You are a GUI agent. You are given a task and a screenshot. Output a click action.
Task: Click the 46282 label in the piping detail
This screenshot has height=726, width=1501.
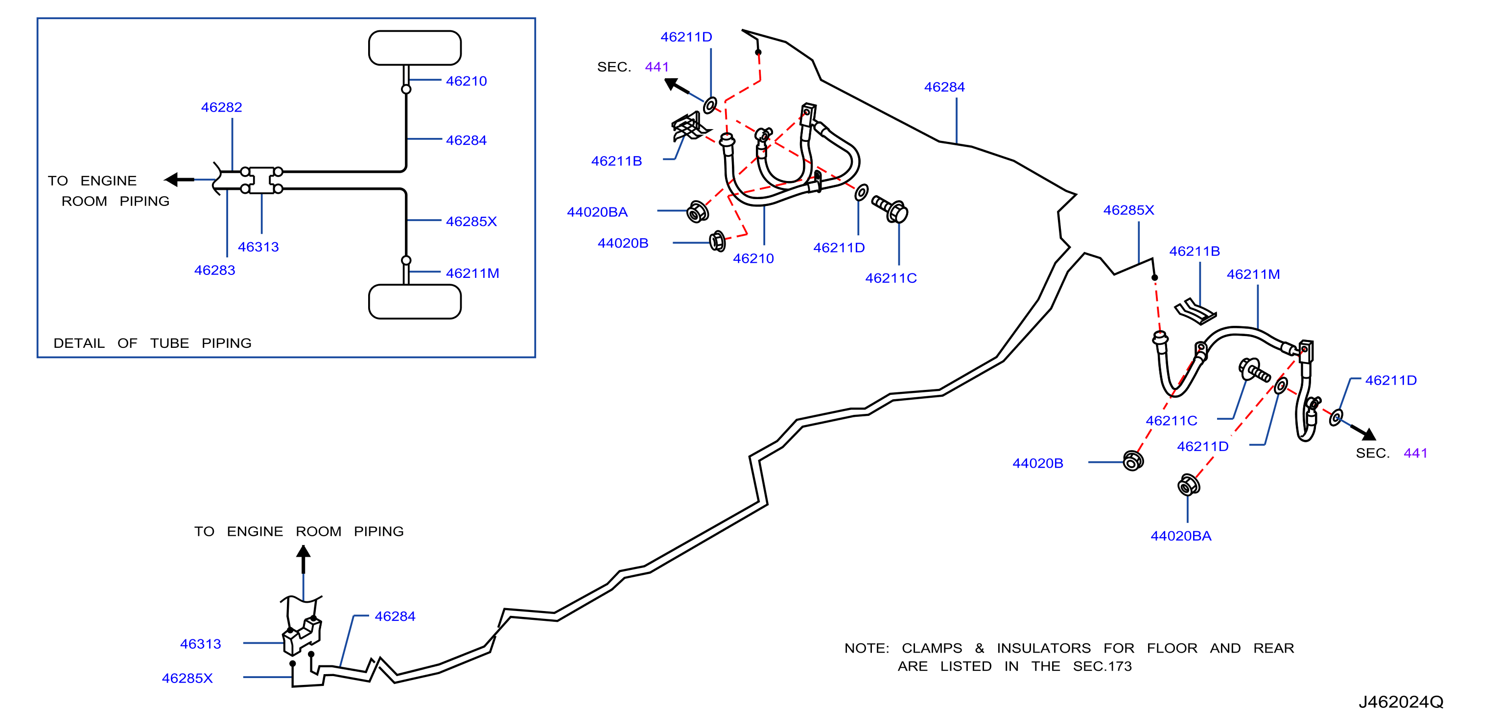point(221,107)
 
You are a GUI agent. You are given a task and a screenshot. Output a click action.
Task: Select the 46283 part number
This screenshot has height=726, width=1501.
point(214,270)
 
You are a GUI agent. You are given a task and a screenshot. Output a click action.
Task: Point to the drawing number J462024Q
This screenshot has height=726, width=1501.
point(1401,702)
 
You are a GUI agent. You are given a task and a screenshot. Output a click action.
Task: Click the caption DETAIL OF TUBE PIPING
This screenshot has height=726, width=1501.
point(153,343)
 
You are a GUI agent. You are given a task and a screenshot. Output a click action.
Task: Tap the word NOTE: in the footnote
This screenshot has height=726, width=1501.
point(867,648)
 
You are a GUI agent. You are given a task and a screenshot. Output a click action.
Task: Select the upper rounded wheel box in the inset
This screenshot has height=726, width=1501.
point(415,48)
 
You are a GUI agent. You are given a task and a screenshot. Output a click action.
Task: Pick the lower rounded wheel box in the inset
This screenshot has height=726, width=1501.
point(415,301)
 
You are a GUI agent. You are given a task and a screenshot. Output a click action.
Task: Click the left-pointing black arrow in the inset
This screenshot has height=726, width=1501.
point(180,180)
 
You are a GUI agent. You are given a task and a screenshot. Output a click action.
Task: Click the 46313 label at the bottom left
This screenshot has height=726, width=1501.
point(200,644)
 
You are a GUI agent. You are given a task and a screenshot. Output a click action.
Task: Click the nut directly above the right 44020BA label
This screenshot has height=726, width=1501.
point(1188,485)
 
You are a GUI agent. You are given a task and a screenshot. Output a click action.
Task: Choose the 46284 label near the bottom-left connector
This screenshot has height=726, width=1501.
point(395,616)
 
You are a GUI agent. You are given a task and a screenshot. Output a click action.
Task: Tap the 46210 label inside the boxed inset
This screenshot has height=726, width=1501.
point(466,81)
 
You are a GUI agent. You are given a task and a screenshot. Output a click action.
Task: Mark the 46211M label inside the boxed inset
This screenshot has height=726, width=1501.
point(472,273)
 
